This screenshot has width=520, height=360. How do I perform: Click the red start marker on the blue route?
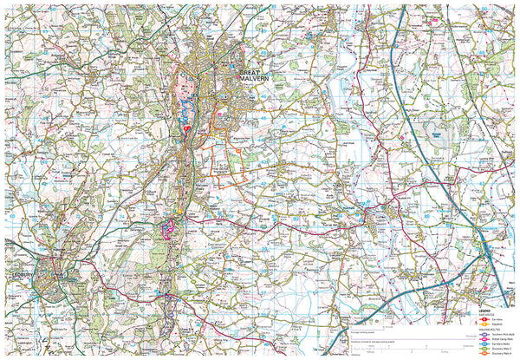pos(186,130)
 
